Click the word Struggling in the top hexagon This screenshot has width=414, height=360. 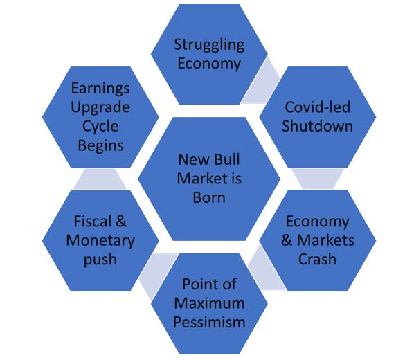coord(209,45)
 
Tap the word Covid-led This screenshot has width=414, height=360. coord(318,107)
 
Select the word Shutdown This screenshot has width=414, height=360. coord(317,126)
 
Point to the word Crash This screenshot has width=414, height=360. coord(317,259)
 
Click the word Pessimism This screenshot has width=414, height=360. coord(209,322)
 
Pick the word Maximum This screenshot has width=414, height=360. coord(209,303)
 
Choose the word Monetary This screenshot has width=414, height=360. coord(100,241)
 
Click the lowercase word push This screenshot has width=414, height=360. coord(100,260)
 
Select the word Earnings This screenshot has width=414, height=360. coord(100,89)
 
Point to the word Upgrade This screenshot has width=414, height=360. coord(100,108)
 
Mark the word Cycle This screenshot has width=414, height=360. coord(100,127)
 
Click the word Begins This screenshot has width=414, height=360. coord(100,146)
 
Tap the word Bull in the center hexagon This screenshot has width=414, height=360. coord(227,159)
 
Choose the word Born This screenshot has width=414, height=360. coord(209,197)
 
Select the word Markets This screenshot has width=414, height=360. coord(325,240)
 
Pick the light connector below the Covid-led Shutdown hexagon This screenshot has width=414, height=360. coord(318,179)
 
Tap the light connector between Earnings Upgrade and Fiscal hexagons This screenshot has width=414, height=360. coord(100,179)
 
